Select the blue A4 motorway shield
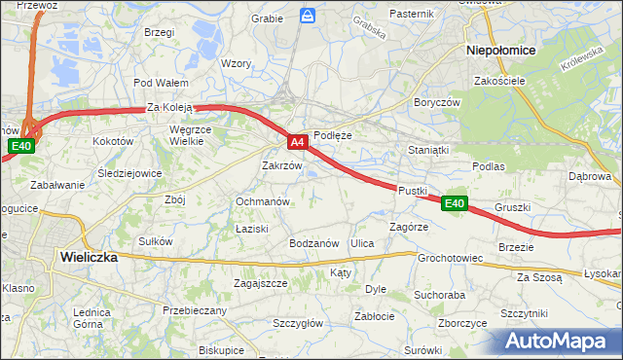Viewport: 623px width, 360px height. click(x=299, y=143)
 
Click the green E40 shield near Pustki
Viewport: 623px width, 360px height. click(x=455, y=203)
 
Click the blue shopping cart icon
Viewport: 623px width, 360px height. click(x=308, y=16)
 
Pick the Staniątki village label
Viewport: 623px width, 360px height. click(x=428, y=151)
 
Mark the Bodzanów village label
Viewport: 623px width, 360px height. click(x=313, y=242)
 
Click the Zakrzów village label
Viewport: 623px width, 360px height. click(x=282, y=165)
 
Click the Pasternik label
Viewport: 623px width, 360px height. click(x=411, y=14)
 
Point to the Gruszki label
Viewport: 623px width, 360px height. click(x=512, y=207)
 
